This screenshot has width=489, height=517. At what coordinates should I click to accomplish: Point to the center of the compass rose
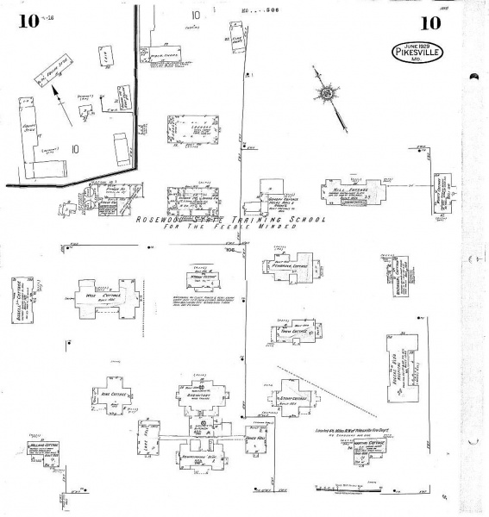pos(328,94)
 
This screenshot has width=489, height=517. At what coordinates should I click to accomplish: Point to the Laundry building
pos(189,129)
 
